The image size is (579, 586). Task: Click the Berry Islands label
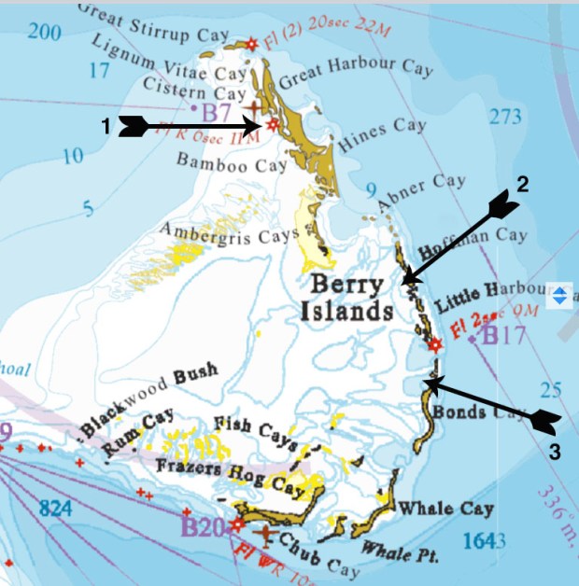click(346, 298)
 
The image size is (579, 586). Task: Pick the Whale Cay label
click(445, 509)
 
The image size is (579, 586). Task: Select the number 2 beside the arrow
click(522, 184)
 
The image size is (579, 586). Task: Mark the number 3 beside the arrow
click(554, 453)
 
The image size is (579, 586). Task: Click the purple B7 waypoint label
click(217, 112)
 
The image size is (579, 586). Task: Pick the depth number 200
click(44, 35)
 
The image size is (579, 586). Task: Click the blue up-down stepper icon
click(559, 296)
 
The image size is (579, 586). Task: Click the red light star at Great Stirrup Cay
click(249, 43)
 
